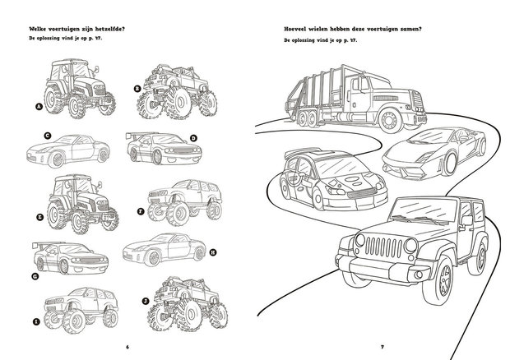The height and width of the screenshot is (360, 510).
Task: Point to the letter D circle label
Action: [192, 139]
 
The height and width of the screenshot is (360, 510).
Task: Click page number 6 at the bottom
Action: [128, 345]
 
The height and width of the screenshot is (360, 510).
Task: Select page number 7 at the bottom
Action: [382, 345]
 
